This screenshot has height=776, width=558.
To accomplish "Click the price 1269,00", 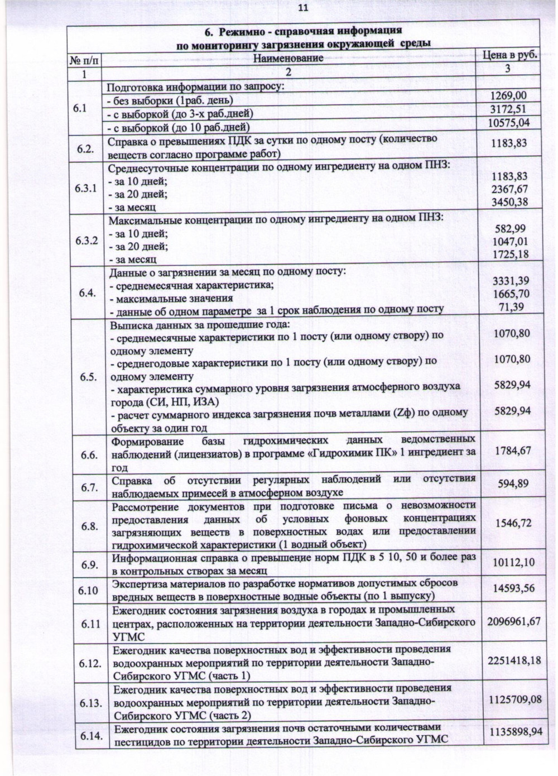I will click(x=508, y=96).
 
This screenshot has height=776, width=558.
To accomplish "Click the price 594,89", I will click(x=513, y=483).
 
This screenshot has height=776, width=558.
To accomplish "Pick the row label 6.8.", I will click(x=89, y=526).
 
